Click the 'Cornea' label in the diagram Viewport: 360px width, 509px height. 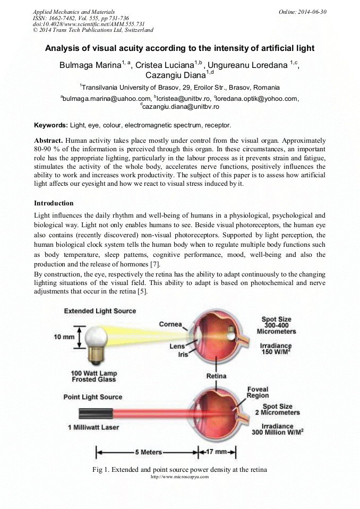pyautogui.click(x=170, y=324)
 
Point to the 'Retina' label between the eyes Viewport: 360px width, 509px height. pyautogui.click(x=216, y=376)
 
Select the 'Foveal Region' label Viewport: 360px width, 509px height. pyautogui.click(x=258, y=392)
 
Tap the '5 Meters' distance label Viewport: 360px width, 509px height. pyautogui.click(x=148, y=452)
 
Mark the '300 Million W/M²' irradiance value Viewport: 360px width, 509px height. pyautogui.click(x=278, y=433)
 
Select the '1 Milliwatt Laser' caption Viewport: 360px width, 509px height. pyautogui.click(x=93, y=427)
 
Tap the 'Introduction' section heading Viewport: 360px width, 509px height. pyautogui.click(x=54, y=203)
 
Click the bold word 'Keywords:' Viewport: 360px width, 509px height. pyautogui.click(x=51, y=125)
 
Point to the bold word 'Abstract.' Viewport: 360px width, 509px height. pyautogui.click(x=49, y=141)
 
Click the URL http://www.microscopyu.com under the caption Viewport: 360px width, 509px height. pyautogui.click(x=180, y=477)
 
